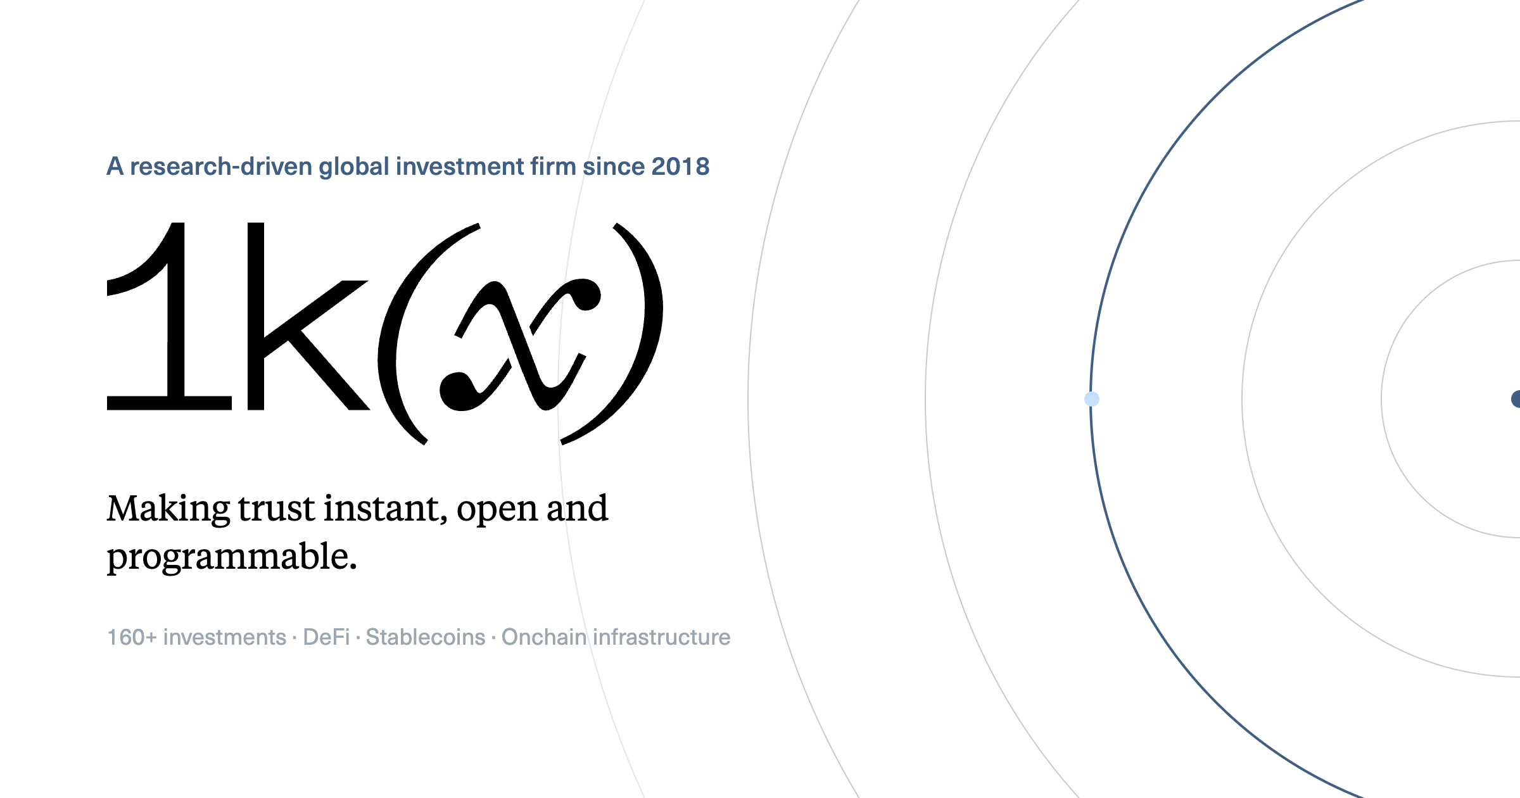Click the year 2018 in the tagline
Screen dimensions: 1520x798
point(680,167)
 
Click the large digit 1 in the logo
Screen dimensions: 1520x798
point(169,316)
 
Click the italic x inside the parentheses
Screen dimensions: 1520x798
point(520,345)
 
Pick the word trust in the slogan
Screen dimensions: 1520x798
point(277,509)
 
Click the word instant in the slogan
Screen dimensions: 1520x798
point(386,509)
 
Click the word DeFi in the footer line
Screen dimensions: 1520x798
point(326,637)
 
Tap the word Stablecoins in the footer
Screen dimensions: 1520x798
point(426,637)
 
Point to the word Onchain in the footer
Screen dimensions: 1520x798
point(544,637)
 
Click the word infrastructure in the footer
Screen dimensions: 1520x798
point(662,637)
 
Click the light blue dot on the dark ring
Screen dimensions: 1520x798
point(1092,399)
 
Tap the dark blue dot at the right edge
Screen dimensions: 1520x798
point(1516,399)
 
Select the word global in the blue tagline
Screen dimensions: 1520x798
point(353,167)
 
